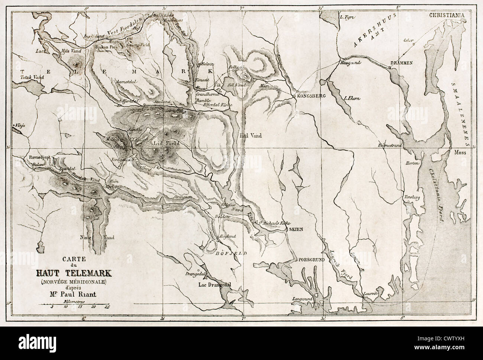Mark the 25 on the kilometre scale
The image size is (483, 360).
107,307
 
